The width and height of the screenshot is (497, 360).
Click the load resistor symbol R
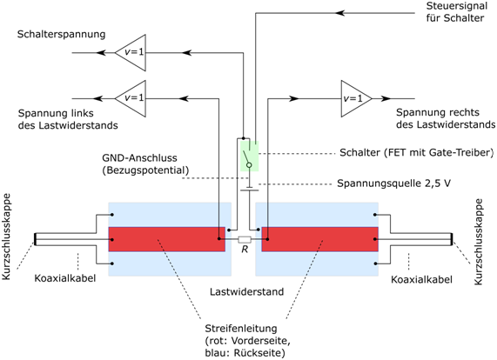pyautogui.click(x=245, y=240)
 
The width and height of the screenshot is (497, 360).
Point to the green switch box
pyautogui.click(x=250, y=157)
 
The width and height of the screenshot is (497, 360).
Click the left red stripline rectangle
pyautogui.click(x=167, y=239)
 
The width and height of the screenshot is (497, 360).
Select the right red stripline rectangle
pyautogui.click(x=319, y=239)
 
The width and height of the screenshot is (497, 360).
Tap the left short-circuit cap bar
pyautogui.click(x=36, y=239)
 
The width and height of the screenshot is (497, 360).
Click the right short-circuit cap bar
pyautogui.click(x=452, y=239)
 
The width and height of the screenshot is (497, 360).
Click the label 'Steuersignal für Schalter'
pyautogui.click(x=456, y=12)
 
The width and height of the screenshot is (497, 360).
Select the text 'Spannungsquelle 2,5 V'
pyautogui.click(x=393, y=183)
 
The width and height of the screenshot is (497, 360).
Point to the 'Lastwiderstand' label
pyautogui.click(x=246, y=291)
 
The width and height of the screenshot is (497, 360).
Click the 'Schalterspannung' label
pyautogui.click(x=61, y=34)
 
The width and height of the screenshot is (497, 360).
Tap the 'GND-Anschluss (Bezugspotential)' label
pyautogui.click(x=145, y=164)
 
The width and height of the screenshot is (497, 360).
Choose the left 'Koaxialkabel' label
pyautogui.click(x=65, y=278)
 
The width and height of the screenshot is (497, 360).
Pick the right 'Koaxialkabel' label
pyautogui.click(x=421, y=280)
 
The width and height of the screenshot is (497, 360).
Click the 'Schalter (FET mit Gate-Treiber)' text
pyautogui.click(x=417, y=153)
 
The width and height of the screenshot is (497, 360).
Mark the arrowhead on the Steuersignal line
pyautogui.click(x=339, y=13)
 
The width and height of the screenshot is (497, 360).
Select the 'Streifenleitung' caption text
pyautogui.click(x=241, y=329)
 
